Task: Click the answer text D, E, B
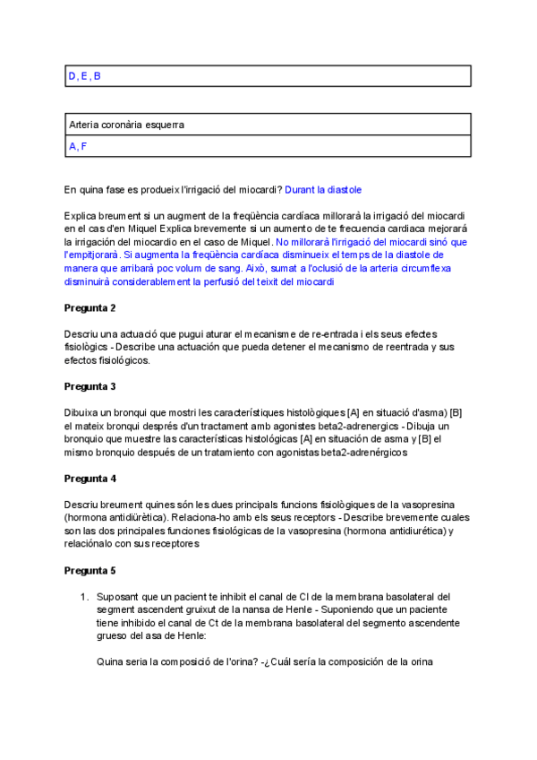tap(85, 76)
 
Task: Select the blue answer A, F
tap(78, 146)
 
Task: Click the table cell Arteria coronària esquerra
tap(126, 125)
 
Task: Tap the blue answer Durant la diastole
tap(323, 190)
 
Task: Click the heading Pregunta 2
tap(90, 307)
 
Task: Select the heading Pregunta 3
tap(90, 386)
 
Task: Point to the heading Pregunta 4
tap(90, 479)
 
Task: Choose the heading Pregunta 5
tap(90, 570)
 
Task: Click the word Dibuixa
tap(84, 412)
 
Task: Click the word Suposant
tap(119, 597)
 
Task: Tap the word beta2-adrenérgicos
tap(362, 453)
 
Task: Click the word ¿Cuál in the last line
tap(278, 662)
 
